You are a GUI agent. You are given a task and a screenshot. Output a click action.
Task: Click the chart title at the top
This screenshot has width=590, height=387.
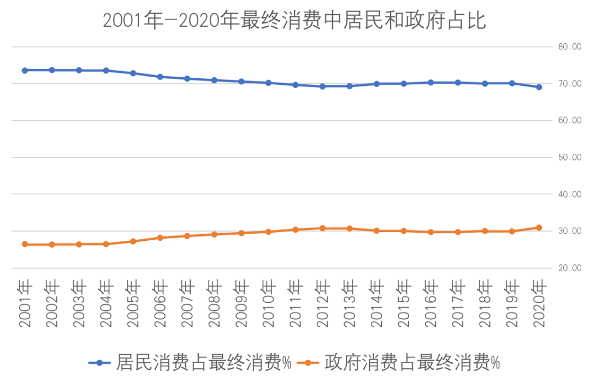(x=294, y=21)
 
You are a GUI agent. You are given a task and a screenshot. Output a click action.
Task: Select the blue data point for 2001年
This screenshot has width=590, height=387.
(x=25, y=70)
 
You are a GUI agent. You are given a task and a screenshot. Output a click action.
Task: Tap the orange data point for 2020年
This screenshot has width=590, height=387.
(x=539, y=227)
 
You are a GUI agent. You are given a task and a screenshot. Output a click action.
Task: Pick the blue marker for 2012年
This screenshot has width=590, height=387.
(x=322, y=86)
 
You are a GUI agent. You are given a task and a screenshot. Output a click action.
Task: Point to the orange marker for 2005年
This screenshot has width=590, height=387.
(x=133, y=241)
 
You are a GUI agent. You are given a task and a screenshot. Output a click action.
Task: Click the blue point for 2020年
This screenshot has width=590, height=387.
(x=539, y=86)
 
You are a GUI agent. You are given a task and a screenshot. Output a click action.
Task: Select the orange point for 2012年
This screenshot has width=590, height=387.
(x=322, y=228)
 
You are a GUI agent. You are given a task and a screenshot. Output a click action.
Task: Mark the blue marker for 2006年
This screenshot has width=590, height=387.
(x=160, y=77)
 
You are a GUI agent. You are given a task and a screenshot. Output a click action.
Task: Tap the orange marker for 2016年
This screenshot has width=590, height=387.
(x=430, y=232)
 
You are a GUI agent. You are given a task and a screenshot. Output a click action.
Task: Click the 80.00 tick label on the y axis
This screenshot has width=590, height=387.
(x=570, y=47)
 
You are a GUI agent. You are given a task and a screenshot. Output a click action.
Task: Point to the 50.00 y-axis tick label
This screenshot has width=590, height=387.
(x=570, y=158)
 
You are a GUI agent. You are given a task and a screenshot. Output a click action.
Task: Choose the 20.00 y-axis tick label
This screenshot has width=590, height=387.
(x=570, y=268)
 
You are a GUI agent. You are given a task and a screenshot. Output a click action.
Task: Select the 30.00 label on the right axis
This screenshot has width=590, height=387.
(x=570, y=232)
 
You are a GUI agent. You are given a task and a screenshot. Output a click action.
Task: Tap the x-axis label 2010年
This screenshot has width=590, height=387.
(x=268, y=304)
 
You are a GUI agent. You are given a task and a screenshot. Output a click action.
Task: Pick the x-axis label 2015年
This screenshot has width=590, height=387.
(x=403, y=304)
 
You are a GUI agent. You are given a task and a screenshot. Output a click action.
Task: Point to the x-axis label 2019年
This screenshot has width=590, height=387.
(x=511, y=304)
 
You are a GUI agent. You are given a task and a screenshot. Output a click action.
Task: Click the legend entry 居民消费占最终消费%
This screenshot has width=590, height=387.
(x=203, y=362)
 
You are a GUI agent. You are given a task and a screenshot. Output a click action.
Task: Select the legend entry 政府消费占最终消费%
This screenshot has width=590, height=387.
(x=412, y=362)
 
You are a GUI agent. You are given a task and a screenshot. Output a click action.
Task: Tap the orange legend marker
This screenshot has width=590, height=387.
(x=308, y=362)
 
